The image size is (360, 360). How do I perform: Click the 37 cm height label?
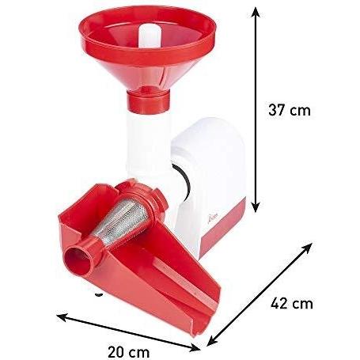pyautogui.click(x=290, y=110)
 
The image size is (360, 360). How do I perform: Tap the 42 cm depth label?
pyautogui.click(x=292, y=303)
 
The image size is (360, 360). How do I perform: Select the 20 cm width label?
pyautogui.click(x=129, y=352)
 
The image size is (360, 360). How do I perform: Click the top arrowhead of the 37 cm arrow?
pyautogui.click(x=255, y=12)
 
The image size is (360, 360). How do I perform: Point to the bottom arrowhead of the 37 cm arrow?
pyautogui.click(x=256, y=207)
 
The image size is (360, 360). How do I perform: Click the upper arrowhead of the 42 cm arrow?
pyautogui.click(x=308, y=248)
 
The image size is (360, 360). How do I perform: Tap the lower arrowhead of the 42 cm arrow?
pyautogui.click(x=212, y=341)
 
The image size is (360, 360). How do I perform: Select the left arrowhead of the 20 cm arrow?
pyautogui.click(x=63, y=316)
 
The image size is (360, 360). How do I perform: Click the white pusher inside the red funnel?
pyautogui.click(x=149, y=36)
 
